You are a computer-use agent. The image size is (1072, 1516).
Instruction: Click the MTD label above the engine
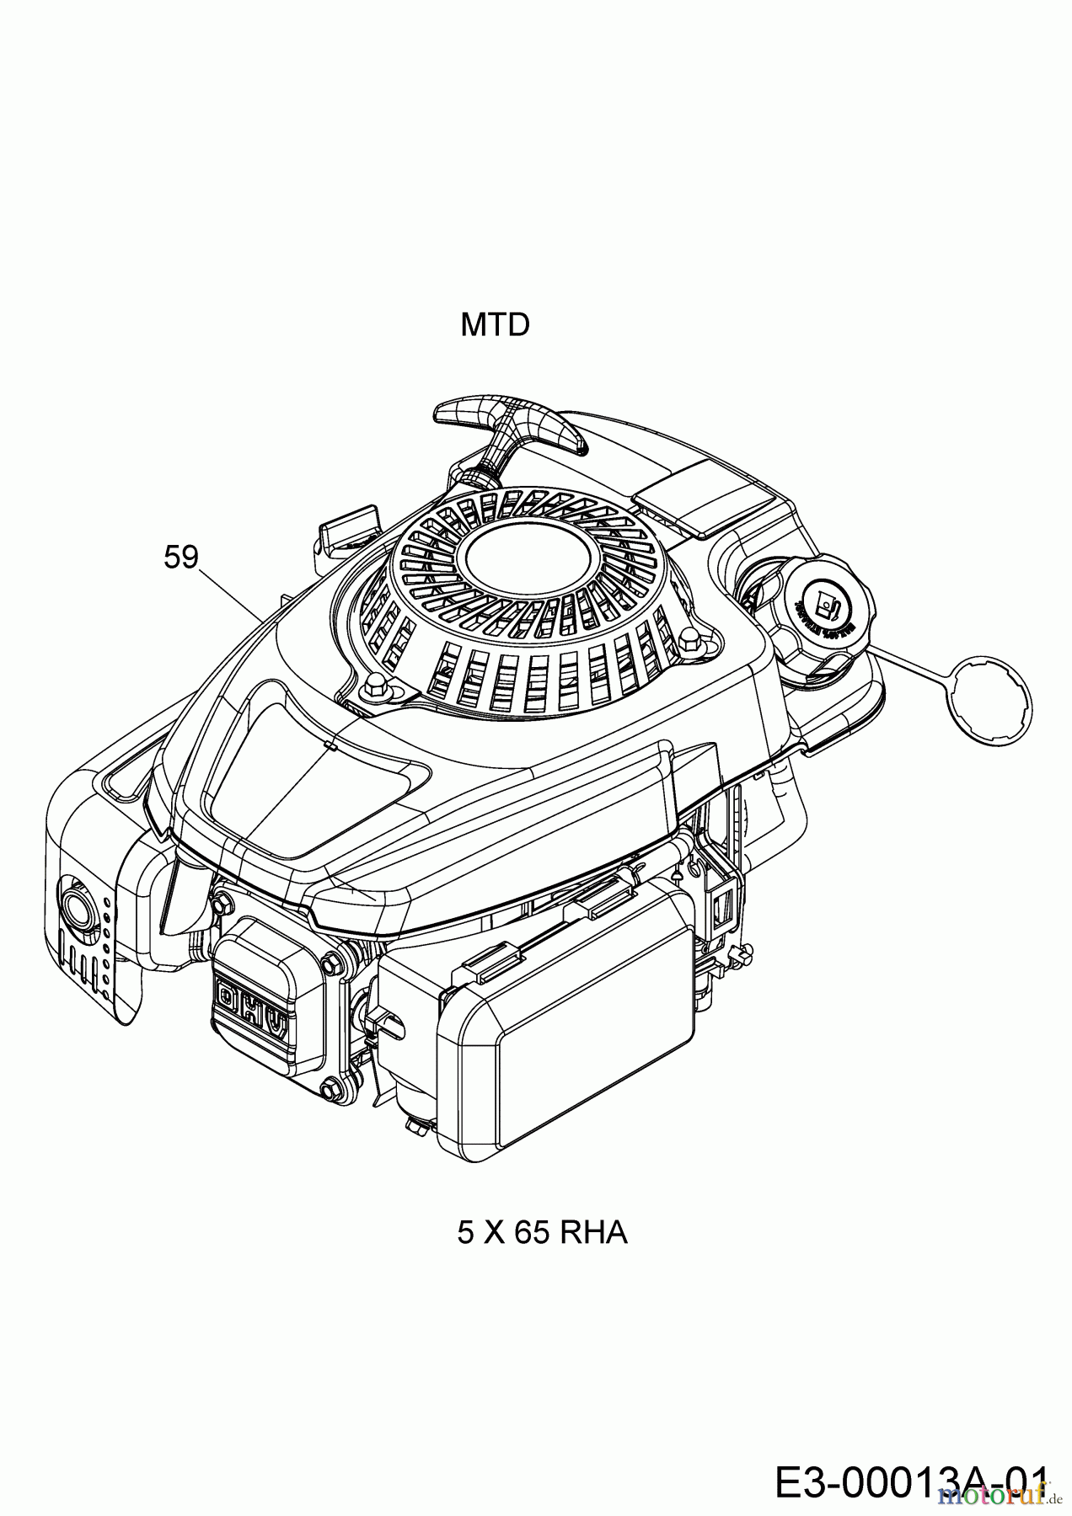(x=495, y=325)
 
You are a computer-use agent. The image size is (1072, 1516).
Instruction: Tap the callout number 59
(x=180, y=557)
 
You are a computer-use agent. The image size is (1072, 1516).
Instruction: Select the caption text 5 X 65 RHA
(x=542, y=1233)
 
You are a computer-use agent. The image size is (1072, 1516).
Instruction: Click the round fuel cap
(x=830, y=604)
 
